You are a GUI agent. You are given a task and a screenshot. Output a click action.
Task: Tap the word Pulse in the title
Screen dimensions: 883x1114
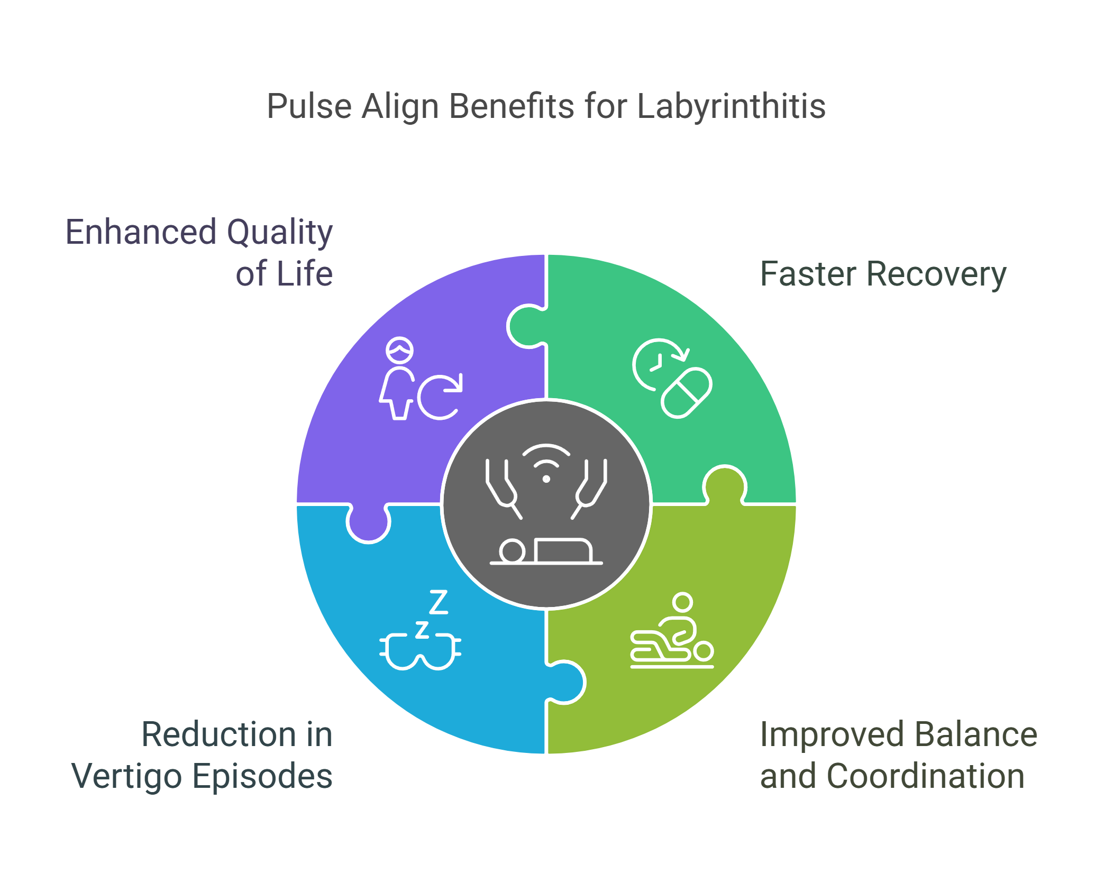(x=309, y=107)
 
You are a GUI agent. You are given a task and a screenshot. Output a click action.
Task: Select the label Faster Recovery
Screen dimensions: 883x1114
(x=883, y=274)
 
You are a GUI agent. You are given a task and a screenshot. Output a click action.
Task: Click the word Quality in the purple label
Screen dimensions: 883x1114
(x=279, y=233)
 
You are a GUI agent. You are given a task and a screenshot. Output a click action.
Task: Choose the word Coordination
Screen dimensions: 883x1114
(x=926, y=777)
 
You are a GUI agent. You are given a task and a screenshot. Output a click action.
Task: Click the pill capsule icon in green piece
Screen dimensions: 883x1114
(x=687, y=393)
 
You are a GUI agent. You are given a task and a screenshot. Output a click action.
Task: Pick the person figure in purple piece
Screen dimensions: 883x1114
(x=398, y=379)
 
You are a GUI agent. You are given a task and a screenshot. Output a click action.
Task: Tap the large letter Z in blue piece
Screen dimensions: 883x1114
(x=439, y=602)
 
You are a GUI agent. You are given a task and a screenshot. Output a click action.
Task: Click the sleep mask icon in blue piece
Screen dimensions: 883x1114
(x=420, y=651)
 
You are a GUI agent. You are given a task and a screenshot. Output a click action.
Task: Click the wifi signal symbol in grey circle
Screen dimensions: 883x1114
(x=546, y=463)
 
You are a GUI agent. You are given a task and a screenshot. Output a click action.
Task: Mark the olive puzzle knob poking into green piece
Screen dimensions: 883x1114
(x=725, y=484)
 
